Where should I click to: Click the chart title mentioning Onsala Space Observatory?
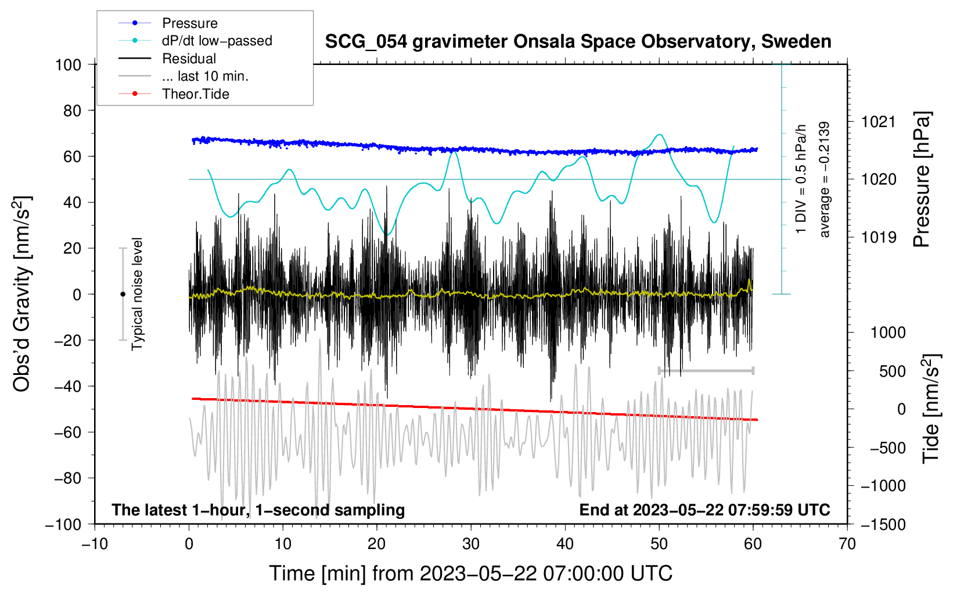(x=578, y=42)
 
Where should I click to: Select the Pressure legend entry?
(x=189, y=23)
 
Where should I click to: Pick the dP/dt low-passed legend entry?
(x=217, y=41)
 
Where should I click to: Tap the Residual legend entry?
(x=189, y=59)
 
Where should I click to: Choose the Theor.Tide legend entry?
(x=195, y=94)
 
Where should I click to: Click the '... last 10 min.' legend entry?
(x=205, y=76)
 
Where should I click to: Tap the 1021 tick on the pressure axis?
(x=879, y=122)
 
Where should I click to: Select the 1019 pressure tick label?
(x=879, y=237)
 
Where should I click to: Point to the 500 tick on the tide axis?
(x=892, y=371)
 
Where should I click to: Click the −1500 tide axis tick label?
(x=883, y=524)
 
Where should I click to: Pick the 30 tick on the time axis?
(x=471, y=544)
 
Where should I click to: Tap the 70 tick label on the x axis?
(x=847, y=544)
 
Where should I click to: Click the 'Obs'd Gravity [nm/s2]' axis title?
(x=22, y=294)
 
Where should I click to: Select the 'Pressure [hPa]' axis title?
(x=922, y=180)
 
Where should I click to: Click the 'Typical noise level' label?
(x=137, y=294)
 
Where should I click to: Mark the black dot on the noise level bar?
(x=123, y=294)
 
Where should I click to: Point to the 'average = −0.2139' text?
(x=825, y=180)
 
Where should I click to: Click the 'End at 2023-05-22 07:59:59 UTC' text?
(x=704, y=510)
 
